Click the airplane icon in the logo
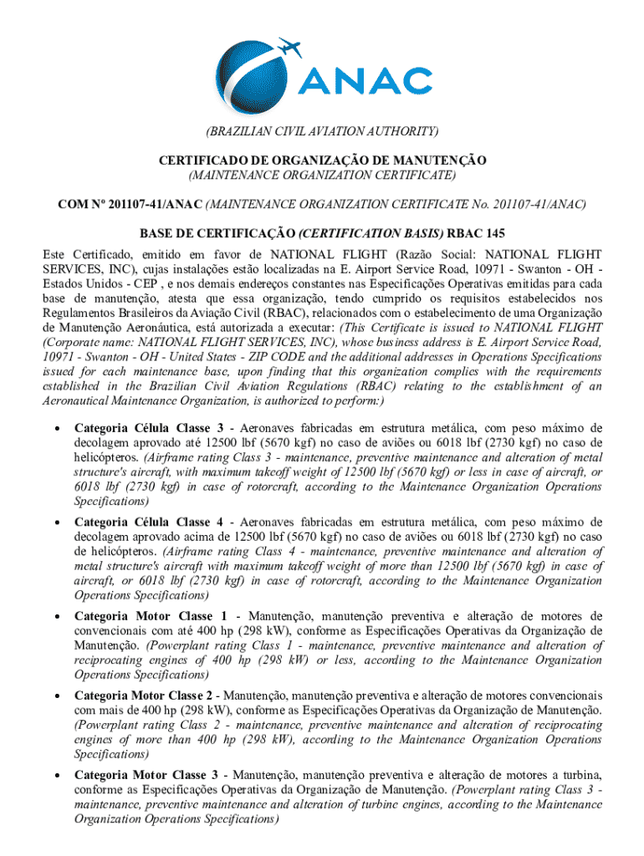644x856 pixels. click(288, 46)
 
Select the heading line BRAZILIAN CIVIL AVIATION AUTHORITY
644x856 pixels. click(322, 132)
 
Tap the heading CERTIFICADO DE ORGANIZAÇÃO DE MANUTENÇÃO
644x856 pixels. click(322, 160)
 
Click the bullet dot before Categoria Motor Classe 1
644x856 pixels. click(56, 617)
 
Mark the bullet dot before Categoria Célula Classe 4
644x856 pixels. click(56, 523)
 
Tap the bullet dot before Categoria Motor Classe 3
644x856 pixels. click(56, 775)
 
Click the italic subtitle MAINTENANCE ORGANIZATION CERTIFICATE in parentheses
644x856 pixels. click(322, 175)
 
